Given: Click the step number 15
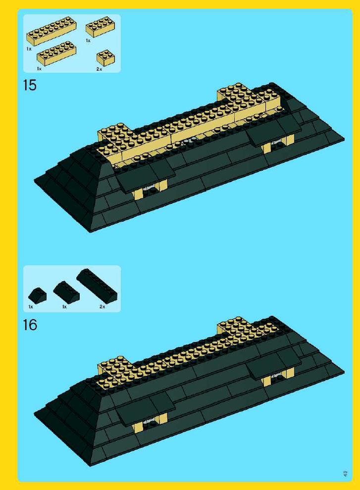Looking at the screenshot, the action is (x=30, y=85).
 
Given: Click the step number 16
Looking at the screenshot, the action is (x=30, y=325).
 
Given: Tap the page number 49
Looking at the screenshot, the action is (x=345, y=473).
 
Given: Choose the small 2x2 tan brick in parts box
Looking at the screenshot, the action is (x=105, y=57).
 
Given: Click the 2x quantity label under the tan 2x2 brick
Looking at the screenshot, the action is (x=99, y=69).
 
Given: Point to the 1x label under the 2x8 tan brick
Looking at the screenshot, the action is (x=29, y=49).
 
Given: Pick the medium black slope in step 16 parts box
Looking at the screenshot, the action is (x=66, y=292).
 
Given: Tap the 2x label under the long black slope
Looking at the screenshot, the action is (x=103, y=306).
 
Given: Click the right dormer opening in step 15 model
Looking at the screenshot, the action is (x=279, y=144).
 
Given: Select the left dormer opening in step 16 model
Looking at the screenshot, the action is (x=150, y=424).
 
